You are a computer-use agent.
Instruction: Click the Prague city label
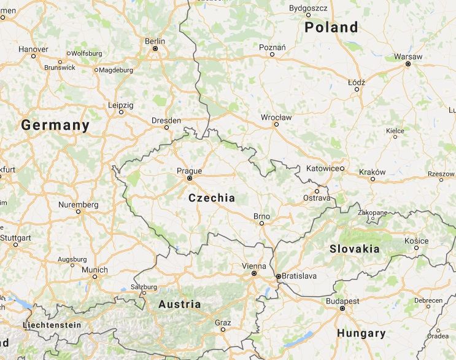pyautogui.click(x=189, y=171)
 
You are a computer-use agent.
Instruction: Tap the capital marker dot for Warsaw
pyautogui.click(x=408, y=63)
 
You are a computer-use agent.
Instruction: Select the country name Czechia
pyautogui.click(x=212, y=198)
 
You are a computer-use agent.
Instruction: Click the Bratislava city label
pyautogui.click(x=300, y=276)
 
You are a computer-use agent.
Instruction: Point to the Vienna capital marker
pyautogui.click(x=253, y=274)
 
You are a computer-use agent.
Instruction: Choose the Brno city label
pyautogui.click(x=262, y=216)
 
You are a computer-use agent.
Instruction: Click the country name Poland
pyautogui.click(x=331, y=27)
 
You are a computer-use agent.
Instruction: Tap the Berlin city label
pyautogui.click(x=155, y=41)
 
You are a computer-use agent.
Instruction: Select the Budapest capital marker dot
pyautogui.click(x=342, y=308)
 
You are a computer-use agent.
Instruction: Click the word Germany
pyautogui.click(x=55, y=125)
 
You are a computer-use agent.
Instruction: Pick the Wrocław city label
pyautogui.click(x=276, y=117)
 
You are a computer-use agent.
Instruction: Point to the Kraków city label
pyautogui.click(x=373, y=171)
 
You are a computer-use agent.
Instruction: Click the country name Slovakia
pyautogui.click(x=355, y=249)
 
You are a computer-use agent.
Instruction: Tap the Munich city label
pyautogui.click(x=95, y=270)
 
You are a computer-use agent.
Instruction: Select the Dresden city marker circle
pyautogui.click(x=166, y=128)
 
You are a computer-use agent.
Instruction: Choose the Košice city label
pyautogui.click(x=417, y=240)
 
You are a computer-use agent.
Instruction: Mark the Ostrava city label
pyautogui.click(x=317, y=198)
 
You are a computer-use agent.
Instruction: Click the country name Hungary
pyautogui.click(x=361, y=334)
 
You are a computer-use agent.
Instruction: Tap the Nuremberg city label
pyautogui.click(x=78, y=204)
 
